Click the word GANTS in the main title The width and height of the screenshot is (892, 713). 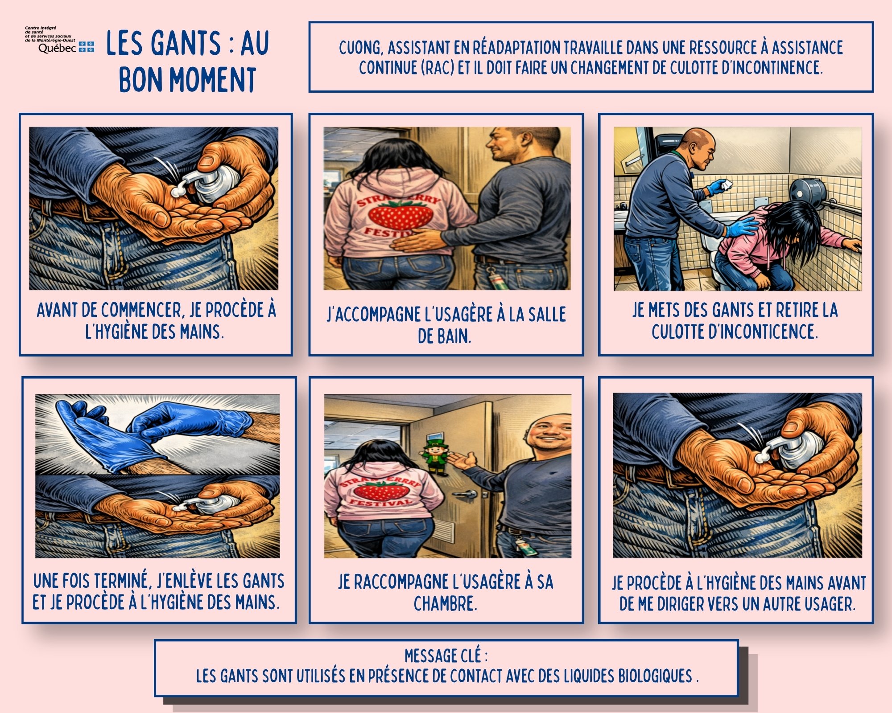[186, 43]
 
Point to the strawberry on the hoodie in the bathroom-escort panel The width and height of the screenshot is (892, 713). [401, 215]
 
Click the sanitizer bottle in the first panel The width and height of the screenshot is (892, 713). [210, 183]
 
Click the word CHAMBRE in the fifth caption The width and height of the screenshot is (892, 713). [445, 604]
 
